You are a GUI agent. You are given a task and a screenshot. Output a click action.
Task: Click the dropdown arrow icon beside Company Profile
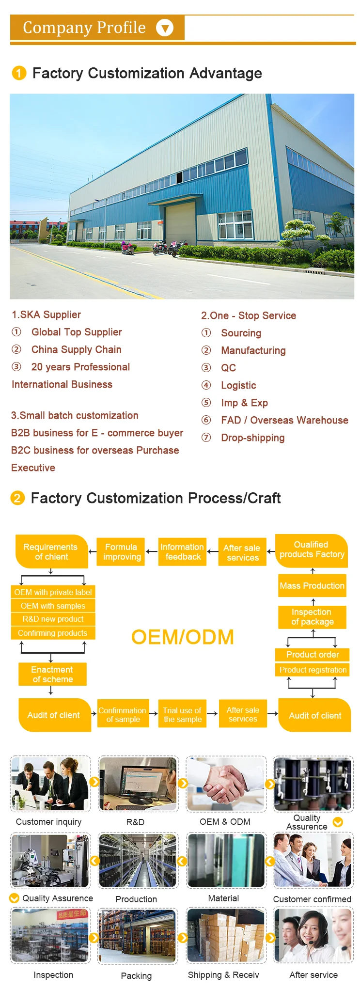pyautogui.click(x=165, y=28)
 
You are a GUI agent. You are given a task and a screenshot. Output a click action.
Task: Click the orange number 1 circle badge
pyautogui.click(x=18, y=73)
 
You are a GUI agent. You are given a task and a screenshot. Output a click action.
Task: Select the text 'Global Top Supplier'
pyautogui.click(x=77, y=332)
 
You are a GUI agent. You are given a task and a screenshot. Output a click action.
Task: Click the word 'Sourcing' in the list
pyautogui.click(x=241, y=333)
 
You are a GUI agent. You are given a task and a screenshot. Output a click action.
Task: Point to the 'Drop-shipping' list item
pyautogui.click(x=252, y=438)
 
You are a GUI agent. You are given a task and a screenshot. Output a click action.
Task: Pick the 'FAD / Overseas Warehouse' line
pyautogui.click(x=284, y=420)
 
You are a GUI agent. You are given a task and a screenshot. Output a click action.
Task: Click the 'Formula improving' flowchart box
pyautogui.click(x=122, y=552)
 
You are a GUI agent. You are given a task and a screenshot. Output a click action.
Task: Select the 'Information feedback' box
pyautogui.click(x=182, y=552)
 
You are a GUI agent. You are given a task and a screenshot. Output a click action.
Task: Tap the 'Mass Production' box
pyautogui.click(x=312, y=585)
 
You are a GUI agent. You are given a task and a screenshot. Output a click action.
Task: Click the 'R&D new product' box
pyautogui.click(x=53, y=619)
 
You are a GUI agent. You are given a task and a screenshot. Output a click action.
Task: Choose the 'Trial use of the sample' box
pyautogui.click(x=182, y=714)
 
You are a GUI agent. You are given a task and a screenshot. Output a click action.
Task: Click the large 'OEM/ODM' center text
pyautogui.click(x=182, y=637)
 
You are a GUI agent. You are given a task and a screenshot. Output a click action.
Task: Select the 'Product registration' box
pyautogui.click(x=313, y=670)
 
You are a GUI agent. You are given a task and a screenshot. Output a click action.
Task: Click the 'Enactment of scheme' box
pyautogui.click(x=52, y=674)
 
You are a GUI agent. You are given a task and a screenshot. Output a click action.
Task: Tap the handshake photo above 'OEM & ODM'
pyautogui.click(x=226, y=783)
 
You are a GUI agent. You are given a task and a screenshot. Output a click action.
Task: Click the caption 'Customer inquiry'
pyautogui.click(x=48, y=822)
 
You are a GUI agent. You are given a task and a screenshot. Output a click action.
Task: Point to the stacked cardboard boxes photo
pyautogui.click(x=226, y=935)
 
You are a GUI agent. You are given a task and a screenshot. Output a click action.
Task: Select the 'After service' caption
pyautogui.click(x=313, y=974)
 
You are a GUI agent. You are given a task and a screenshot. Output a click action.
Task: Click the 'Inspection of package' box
pyautogui.click(x=312, y=617)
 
